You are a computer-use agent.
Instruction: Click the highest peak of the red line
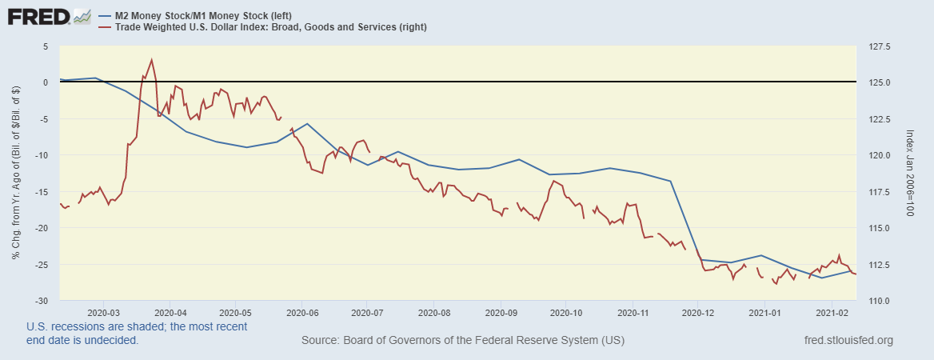[x=151, y=59]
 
